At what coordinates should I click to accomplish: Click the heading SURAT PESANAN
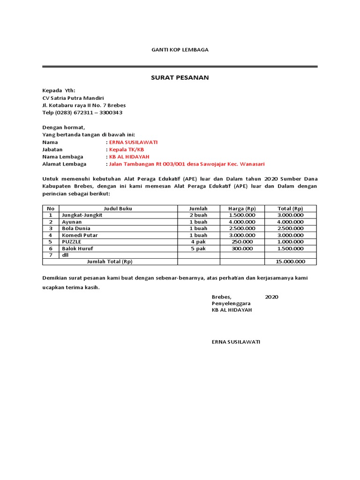coord(180,77)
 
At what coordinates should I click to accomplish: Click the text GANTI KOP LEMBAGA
coord(180,50)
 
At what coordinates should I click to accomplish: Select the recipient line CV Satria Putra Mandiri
coord(73,98)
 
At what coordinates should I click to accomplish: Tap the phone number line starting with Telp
coord(82,112)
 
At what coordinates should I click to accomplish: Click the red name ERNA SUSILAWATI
coord(133,142)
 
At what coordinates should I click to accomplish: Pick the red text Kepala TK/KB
coord(126,150)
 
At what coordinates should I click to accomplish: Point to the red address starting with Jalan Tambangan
coord(187,164)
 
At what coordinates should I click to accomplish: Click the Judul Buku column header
coord(118,209)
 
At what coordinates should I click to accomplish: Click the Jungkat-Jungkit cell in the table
coord(82,215)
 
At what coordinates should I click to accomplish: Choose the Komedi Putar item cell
coord(80,235)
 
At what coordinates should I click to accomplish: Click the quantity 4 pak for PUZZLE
coord(198,242)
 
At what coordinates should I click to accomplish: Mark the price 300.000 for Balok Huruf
coord(242,248)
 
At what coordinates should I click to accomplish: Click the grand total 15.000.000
coord(290,262)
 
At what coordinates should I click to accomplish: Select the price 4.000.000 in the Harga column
coord(242,222)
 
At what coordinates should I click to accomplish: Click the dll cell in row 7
coord(65,255)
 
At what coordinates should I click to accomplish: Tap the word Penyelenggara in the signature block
coord(231,304)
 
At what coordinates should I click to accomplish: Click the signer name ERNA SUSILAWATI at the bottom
coord(236,342)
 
